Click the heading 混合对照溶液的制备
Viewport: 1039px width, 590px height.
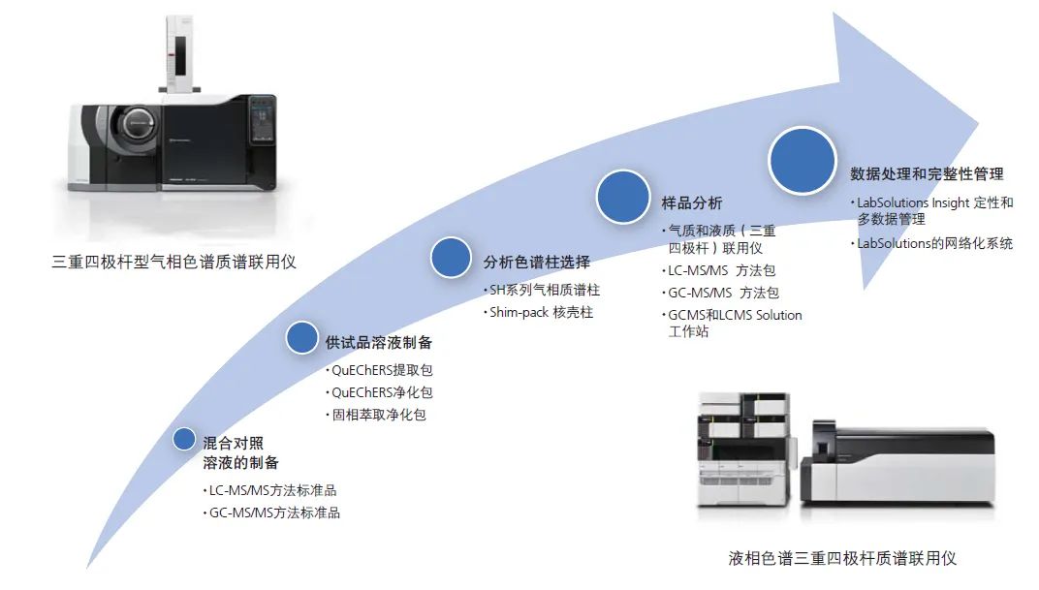coord(240,452)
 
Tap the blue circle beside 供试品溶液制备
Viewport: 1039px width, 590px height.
coord(302,337)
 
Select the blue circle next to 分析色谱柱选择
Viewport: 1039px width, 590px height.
coord(450,258)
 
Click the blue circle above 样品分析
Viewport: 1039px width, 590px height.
coord(622,197)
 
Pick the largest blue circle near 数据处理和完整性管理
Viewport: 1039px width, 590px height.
coord(803,159)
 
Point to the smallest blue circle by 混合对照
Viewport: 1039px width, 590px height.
coord(184,439)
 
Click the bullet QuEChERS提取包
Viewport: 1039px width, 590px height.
coord(381,370)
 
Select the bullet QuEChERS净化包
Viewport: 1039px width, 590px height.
coord(381,392)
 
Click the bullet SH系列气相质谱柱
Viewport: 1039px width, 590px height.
coord(545,290)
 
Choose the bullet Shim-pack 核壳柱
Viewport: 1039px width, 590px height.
coord(541,312)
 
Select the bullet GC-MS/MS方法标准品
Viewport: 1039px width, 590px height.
coord(274,512)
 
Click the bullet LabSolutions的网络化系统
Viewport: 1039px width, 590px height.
coord(934,243)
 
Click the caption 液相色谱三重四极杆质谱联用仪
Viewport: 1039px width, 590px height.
coord(842,558)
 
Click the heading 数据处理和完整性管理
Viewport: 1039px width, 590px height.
coord(927,174)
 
